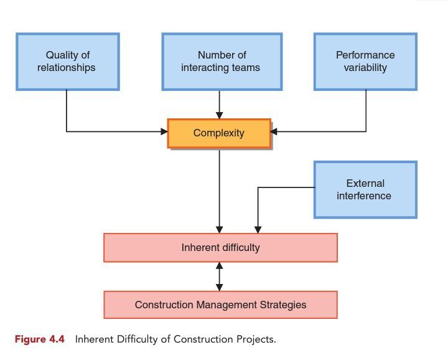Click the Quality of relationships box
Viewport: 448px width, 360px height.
click(x=67, y=62)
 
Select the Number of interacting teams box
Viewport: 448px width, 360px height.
click(x=222, y=62)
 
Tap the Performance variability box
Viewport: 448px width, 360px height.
click(x=365, y=62)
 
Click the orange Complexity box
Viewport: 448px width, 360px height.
click(x=219, y=133)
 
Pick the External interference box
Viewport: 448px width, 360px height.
click(x=365, y=189)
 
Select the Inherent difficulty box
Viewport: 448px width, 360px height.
click(x=220, y=248)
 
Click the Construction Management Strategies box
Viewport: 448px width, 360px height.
click(x=220, y=305)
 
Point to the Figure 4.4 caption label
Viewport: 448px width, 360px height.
click(x=40, y=339)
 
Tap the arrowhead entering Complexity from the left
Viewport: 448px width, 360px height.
click(x=164, y=131)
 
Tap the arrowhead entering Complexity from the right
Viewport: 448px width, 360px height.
click(x=274, y=131)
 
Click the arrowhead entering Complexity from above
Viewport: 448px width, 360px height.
click(x=219, y=115)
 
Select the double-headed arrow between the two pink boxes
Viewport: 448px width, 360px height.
click(x=219, y=277)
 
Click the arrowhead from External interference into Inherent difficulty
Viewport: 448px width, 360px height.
click(x=258, y=229)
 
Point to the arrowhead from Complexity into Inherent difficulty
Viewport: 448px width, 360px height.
click(x=219, y=229)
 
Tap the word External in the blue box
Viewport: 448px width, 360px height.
click(x=365, y=183)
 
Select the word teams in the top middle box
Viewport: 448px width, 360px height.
click(x=246, y=68)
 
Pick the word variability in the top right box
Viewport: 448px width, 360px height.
click(x=365, y=68)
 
